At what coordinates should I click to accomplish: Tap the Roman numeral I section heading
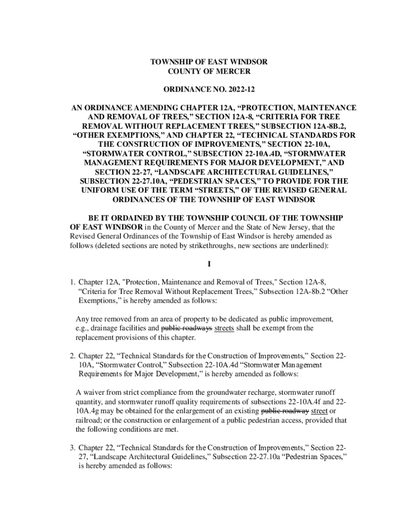click(x=209, y=265)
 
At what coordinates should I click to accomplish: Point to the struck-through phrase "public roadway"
click(x=285, y=411)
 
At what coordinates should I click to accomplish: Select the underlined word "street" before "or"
click(x=319, y=411)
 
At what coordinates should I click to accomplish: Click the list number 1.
click(x=74, y=282)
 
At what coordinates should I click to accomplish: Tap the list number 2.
click(x=74, y=355)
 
